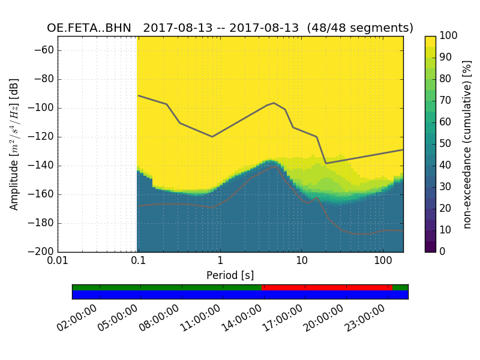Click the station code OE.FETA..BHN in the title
pos(89,28)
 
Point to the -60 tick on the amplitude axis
pos(45,50)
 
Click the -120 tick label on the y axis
pos(43,137)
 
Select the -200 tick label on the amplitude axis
pos(43,252)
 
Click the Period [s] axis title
pos(230,275)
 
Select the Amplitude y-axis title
pos(14,144)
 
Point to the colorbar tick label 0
pos(443,252)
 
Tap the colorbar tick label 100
pos(448,36)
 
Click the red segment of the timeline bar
pos(324,287)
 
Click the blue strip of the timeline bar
pos(240,295)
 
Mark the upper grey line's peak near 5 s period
pos(274,103)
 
